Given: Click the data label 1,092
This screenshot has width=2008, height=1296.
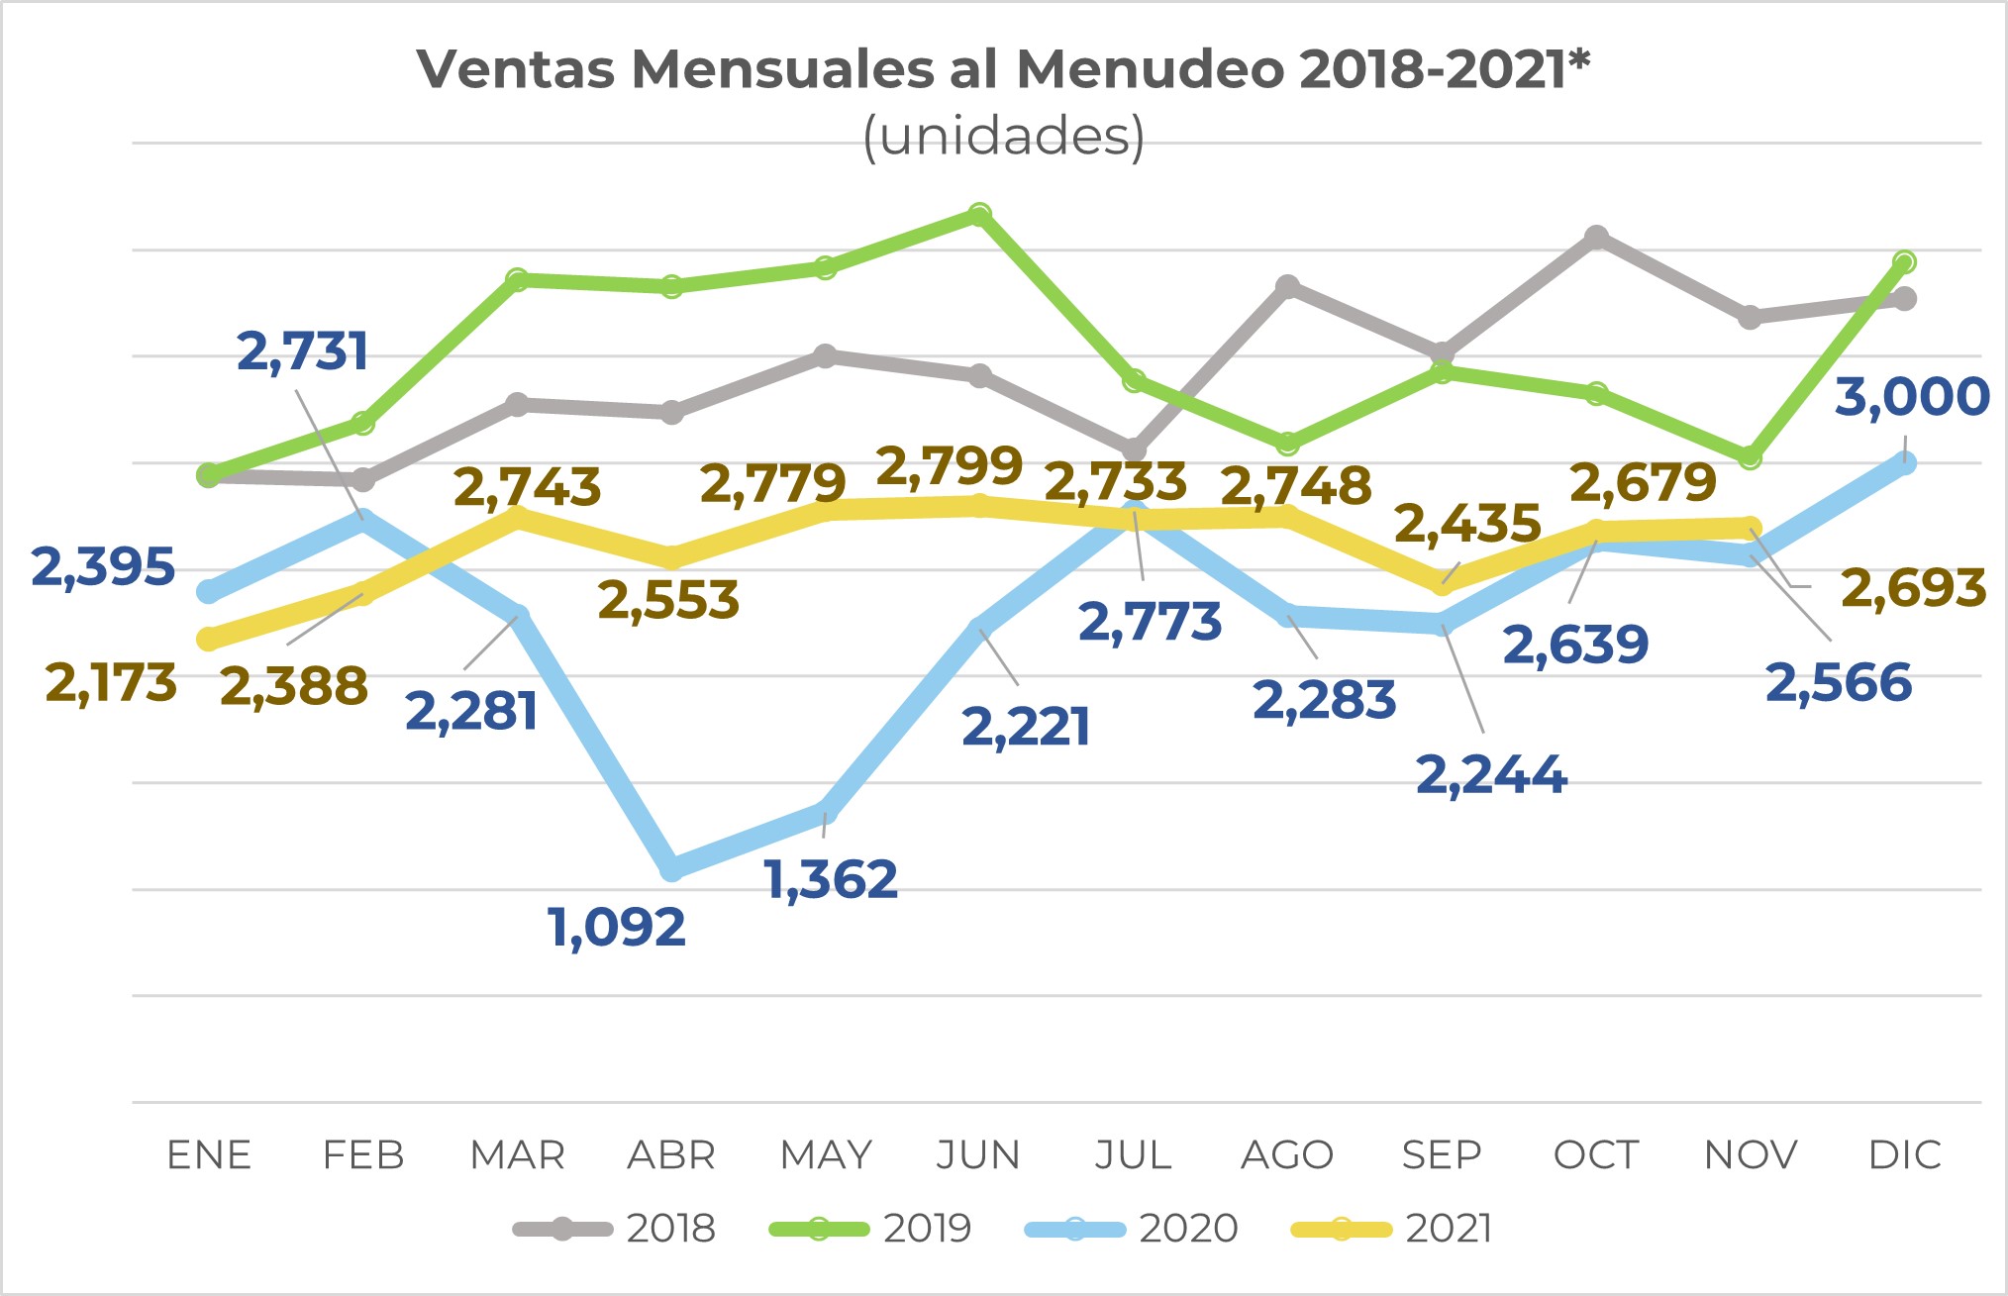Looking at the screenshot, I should point(617,928).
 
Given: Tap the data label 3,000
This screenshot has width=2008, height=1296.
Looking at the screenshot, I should point(1912,396).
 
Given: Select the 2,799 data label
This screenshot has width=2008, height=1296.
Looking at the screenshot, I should point(950,465).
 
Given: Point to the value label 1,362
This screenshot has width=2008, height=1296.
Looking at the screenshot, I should point(832,879).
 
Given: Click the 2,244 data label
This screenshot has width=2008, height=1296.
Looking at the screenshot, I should point(1491,774).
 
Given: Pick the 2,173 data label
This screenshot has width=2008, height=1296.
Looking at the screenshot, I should point(111,683).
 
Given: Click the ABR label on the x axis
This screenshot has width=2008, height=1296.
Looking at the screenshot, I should point(671,1155).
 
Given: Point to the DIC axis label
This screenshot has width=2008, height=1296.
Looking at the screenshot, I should point(1904,1155).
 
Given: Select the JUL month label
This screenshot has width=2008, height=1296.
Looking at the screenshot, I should point(1133,1155).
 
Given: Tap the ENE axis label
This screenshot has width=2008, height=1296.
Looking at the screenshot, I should point(209,1155).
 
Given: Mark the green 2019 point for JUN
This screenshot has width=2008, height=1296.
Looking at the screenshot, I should point(979,215).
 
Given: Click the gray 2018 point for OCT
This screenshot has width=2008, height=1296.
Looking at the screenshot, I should point(1596,237).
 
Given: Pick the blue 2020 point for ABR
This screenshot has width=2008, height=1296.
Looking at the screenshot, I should point(671,868).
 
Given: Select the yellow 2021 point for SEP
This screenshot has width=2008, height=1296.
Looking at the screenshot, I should point(1442,584).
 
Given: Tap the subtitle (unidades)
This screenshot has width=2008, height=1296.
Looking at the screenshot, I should point(1004,136).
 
